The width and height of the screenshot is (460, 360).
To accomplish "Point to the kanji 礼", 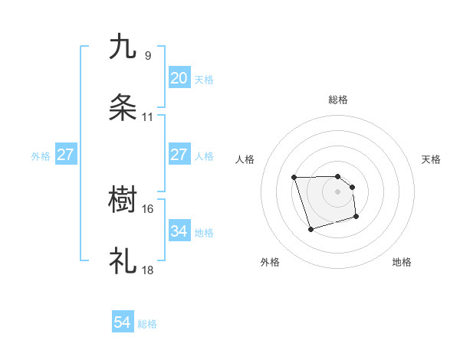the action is click(x=123, y=261).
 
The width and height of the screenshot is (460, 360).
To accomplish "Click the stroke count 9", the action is click(x=147, y=55).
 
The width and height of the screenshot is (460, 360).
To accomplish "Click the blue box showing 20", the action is click(x=179, y=78).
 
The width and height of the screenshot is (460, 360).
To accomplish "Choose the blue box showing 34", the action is click(x=179, y=231).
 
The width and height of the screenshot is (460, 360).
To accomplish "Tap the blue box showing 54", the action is click(x=123, y=323).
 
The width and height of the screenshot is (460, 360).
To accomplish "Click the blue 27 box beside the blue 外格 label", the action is click(x=65, y=155).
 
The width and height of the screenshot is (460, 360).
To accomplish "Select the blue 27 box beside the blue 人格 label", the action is click(x=179, y=155).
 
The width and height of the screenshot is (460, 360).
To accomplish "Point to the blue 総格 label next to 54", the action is click(x=148, y=324).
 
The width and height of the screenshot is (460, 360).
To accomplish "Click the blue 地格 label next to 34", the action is click(x=204, y=232).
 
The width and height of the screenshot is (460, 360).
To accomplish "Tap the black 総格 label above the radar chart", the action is click(x=337, y=100).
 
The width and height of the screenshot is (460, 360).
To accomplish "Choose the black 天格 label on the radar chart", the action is click(x=431, y=159).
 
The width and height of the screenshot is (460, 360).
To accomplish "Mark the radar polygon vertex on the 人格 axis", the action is click(x=294, y=178).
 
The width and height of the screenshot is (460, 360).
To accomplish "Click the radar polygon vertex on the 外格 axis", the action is click(x=310, y=229).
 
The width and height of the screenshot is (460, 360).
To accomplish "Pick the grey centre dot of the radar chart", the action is click(x=337, y=191).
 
